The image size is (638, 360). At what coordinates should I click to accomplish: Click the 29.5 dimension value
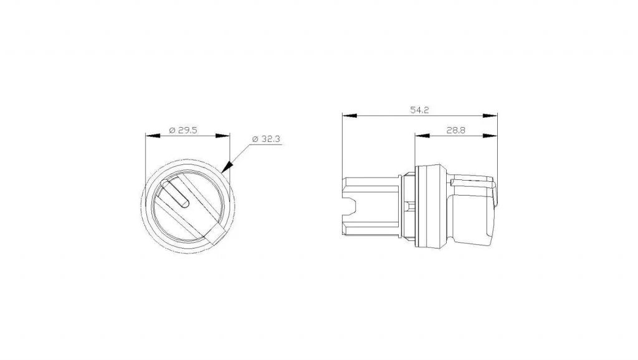coord(188,130)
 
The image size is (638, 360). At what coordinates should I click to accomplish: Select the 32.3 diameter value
coord(270,139)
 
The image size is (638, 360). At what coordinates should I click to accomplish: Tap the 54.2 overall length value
coord(419,110)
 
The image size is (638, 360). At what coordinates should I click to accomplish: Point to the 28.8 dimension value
coord(455,130)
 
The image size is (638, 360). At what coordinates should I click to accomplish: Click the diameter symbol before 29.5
coord(172,131)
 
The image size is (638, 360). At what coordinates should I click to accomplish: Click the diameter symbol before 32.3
coord(255,139)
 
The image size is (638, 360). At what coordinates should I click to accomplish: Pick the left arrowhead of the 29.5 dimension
coord(153,136)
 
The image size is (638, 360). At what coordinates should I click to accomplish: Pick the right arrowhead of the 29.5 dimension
coord(222,136)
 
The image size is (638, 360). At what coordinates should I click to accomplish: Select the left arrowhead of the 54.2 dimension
coord(350,115)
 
